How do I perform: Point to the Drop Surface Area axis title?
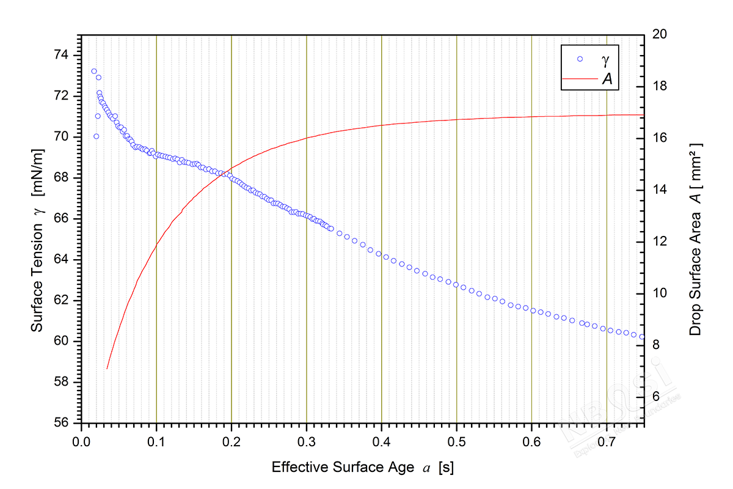pos(695,240)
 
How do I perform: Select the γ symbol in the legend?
pos(605,60)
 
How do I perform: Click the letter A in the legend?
pos(607,78)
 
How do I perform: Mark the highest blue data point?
pos(94,71)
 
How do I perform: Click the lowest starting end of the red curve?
pos(107,369)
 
